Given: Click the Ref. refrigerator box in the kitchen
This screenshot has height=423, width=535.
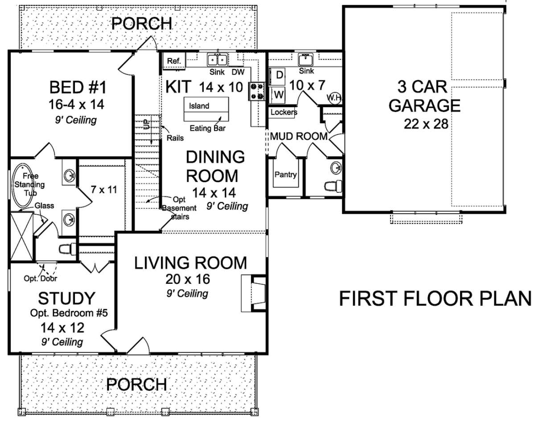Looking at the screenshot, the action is point(174,61).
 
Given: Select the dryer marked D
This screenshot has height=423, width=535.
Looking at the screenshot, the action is point(277,75).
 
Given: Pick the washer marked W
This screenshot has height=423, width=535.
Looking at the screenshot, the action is point(277,95).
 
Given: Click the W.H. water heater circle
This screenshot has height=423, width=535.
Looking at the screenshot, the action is point(334,98).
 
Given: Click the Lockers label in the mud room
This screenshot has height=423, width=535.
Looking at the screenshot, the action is point(284,112).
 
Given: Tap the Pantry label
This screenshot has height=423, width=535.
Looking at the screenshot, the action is point(285,174).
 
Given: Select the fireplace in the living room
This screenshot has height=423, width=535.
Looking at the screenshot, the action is point(254,293).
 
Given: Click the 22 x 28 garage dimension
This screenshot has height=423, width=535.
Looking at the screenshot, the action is point(426,124).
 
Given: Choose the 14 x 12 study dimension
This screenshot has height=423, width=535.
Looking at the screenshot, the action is point(62,328).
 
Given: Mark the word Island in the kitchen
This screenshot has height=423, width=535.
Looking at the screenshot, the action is point(199,106).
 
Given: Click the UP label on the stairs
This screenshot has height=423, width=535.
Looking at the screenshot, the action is point(147,124).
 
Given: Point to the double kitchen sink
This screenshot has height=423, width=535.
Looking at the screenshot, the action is point(218,60).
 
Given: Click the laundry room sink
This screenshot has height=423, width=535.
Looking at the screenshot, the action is point(305,60).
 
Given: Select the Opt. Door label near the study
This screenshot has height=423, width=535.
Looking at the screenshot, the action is point(40,278).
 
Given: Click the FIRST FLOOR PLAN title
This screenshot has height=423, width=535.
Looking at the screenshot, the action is point(435,299).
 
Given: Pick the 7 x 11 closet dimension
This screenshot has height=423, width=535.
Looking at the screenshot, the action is point(104,190).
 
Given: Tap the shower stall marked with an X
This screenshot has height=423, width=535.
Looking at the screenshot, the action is point(22,236).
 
